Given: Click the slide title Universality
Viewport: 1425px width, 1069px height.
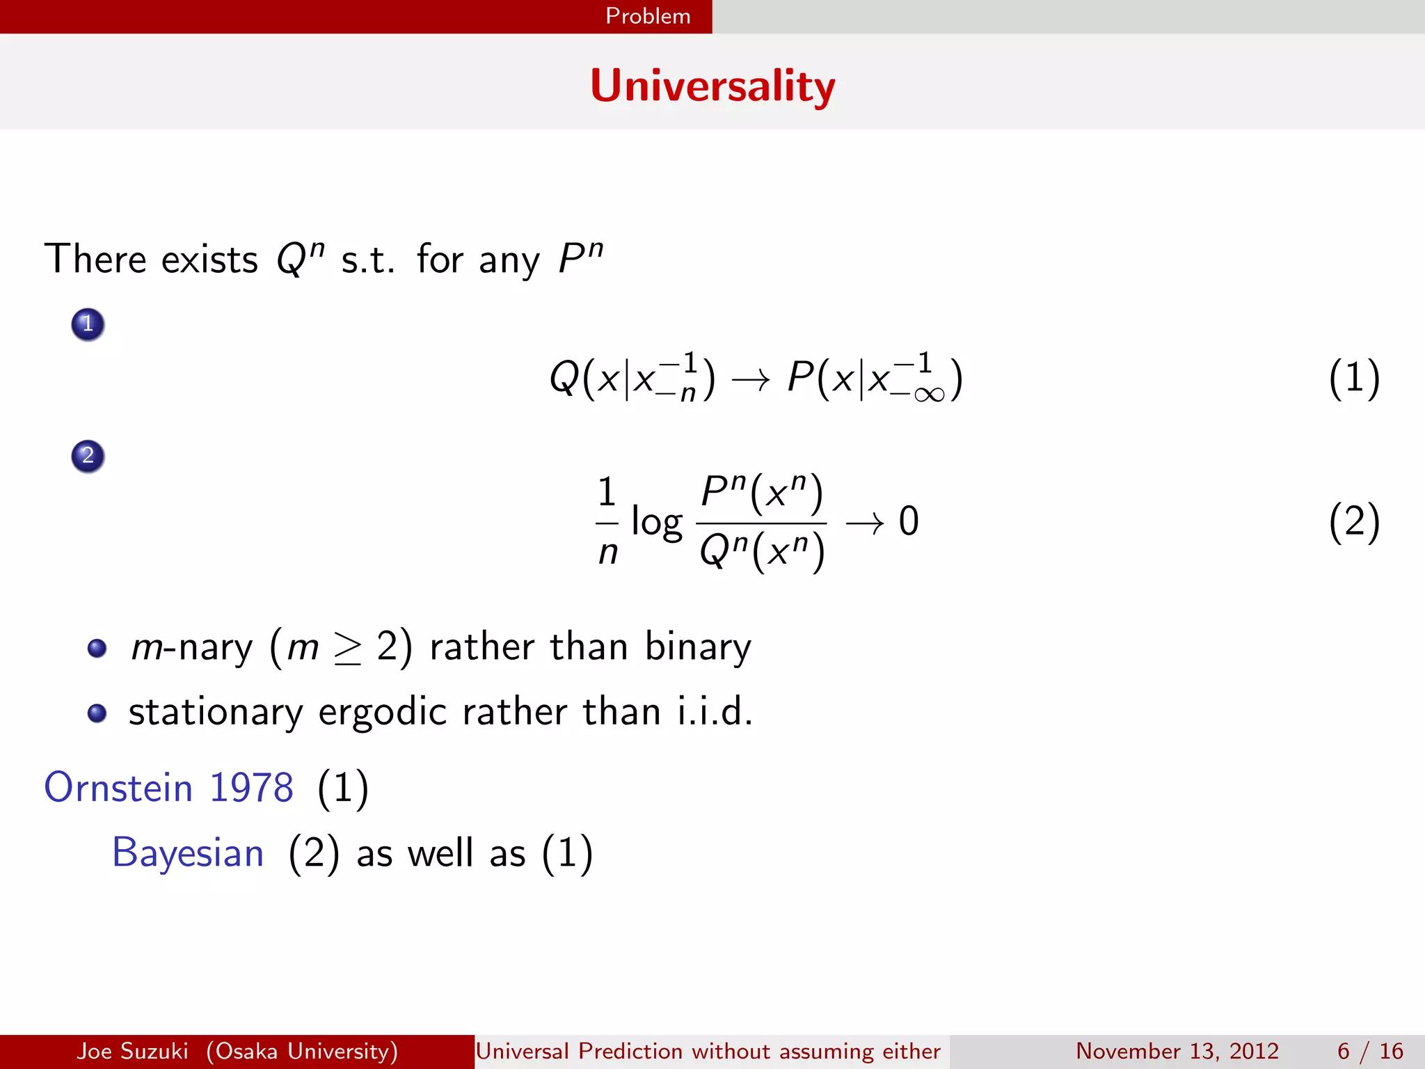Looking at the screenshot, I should click(712, 86).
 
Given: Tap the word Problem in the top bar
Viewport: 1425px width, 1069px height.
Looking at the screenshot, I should click(648, 16).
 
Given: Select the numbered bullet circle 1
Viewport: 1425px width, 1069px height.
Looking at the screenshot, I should click(88, 324).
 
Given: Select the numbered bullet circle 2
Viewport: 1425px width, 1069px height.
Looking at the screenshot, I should click(88, 457).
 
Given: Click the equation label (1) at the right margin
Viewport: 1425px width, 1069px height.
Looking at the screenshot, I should click(1353, 379).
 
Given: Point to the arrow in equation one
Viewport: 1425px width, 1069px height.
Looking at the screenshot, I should click(751, 380).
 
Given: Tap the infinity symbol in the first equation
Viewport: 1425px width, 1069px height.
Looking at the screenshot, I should click(929, 395).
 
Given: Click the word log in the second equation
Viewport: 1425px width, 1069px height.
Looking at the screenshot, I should click(656, 522).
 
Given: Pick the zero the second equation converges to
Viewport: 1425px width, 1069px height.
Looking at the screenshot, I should click(909, 521).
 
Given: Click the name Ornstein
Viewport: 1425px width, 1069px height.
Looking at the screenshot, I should click(118, 788).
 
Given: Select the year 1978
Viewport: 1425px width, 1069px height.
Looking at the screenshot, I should click(251, 788).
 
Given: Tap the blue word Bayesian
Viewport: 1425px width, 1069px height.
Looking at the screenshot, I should click(188, 853).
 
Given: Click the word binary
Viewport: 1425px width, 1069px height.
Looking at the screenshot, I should click(698, 647).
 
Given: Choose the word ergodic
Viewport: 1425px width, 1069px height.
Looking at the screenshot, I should click(382, 713).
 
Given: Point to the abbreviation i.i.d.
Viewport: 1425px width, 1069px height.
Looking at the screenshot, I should click(715, 712).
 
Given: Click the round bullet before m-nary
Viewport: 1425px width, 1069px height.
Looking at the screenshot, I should click(97, 649).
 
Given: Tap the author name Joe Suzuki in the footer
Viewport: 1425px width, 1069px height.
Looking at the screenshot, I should click(132, 1051).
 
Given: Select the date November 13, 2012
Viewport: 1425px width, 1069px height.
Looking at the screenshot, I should click(1177, 1051).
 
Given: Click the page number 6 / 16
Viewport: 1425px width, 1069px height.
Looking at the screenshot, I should click(1369, 1051).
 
